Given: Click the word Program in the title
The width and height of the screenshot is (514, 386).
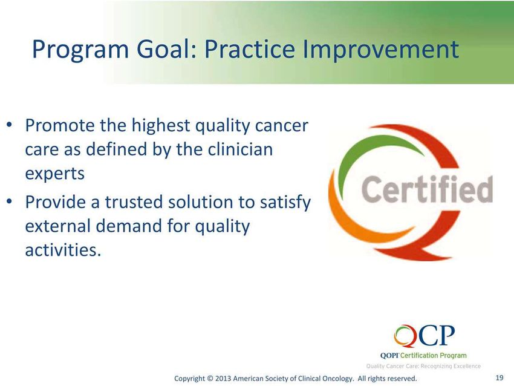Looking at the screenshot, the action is coord(80,50).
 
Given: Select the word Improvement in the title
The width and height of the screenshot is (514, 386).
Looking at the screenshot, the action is coord(380,49).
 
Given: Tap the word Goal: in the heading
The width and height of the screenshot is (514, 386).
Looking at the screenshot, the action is coord(166,49).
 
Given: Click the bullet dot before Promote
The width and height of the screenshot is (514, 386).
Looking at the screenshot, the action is coord(10,125).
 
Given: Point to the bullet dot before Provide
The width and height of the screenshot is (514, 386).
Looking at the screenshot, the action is coord(10,201).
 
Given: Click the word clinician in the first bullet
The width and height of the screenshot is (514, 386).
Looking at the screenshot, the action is coord(240,149).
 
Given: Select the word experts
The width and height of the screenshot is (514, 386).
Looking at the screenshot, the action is coord(55,174).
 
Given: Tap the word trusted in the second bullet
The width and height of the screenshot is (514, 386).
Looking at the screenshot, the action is coord(134,201).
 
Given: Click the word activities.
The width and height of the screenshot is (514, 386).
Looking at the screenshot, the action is coord(63,250).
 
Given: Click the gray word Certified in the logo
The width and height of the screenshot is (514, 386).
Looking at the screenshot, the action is coord(427,189).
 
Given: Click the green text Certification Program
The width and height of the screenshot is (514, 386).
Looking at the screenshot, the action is coord(434,356).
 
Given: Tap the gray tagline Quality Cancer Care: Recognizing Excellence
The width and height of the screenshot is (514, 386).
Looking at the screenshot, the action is coord(423,366).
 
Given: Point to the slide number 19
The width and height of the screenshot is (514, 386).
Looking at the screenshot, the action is coord(499,378).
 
